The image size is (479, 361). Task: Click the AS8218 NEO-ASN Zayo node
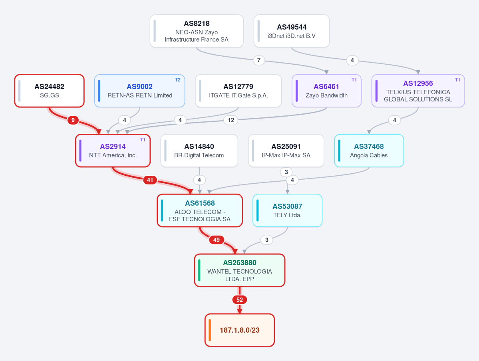tap(197, 31)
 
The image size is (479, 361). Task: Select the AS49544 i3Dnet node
tap(291, 31)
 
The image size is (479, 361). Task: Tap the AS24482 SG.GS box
tap(50, 91)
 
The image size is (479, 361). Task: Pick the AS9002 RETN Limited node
tap(139, 91)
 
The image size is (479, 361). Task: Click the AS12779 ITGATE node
tap(238, 91)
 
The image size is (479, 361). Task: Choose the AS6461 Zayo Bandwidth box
tap(326, 91)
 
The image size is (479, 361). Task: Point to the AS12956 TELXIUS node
tap(418, 91)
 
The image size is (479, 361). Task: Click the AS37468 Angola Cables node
tap(369, 151)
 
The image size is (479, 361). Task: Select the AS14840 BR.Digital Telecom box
tap(199, 151)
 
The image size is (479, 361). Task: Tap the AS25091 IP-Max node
tap(286, 151)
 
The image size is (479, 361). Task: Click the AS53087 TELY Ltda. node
tap(288, 210)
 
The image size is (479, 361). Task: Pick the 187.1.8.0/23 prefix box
tap(240, 330)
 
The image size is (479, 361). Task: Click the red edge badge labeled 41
tap(150, 180)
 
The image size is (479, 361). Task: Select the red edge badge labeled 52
tap(240, 300)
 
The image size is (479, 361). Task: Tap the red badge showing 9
tap(73, 120)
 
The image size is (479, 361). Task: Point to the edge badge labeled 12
tap(231, 120)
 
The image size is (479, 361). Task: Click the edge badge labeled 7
tap(259, 60)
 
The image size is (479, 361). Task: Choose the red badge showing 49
tap(217, 240)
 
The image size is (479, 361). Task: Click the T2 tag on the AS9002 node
tap(177, 80)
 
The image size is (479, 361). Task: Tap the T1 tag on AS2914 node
tap(143, 140)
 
